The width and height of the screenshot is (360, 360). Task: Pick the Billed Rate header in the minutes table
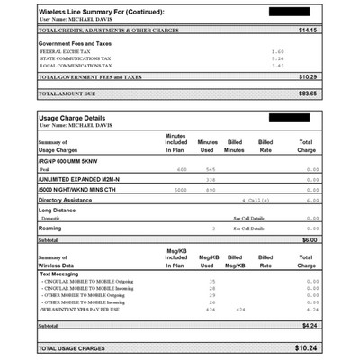pyautogui.click(x=265, y=146)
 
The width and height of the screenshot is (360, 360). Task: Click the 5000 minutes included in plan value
pyautogui.click(x=181, y=190)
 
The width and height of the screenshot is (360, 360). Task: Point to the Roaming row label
pyautogui.click(x=56, y=229)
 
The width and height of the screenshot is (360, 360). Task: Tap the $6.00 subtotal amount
pyautogui.click(x=310, y=239)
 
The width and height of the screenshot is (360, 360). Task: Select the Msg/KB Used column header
pyautogui.click(x=208, y=262)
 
